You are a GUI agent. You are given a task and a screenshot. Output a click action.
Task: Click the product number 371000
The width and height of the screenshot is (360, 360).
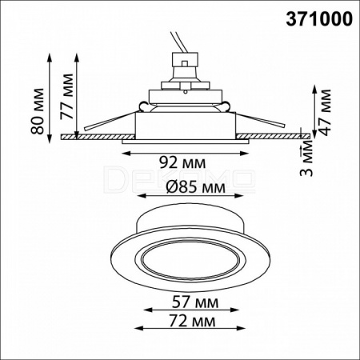[x=319, y=19]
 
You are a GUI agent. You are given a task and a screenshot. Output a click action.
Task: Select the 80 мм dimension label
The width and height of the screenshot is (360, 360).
[x=37, y=111]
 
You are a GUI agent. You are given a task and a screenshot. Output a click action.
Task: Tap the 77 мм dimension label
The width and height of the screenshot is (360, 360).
[x=66, y=97]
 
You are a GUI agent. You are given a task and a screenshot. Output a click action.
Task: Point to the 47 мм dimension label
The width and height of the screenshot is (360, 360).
[x=324, y=113]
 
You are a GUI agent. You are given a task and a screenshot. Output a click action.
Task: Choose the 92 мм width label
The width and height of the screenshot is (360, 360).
[x=182, y=162]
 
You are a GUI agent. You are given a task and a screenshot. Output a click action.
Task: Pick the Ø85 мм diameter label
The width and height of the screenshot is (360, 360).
[x=195, y=187]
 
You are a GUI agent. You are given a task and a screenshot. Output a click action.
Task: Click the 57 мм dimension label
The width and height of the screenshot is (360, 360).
[x=195, y=302]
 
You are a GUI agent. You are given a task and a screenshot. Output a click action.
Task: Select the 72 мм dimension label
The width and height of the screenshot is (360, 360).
[x=192, y=321]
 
